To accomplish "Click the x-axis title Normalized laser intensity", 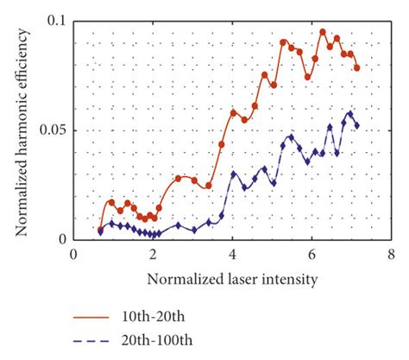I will coord(233,279).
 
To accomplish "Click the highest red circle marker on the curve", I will coord(323,32).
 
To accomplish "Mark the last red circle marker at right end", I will coord(356,67).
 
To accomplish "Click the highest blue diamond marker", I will coord(349,113).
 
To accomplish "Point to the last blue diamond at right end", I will coord(356,125).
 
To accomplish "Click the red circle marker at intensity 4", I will coord(233,112).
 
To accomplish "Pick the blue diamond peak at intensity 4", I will coord(234,174).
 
